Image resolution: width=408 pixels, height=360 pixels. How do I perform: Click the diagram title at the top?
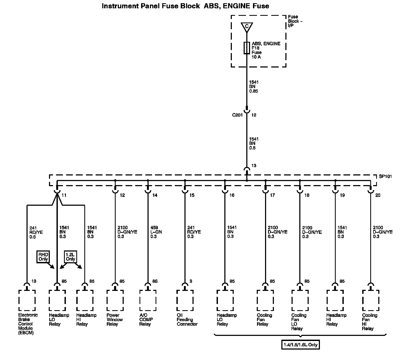[x=185, y=6]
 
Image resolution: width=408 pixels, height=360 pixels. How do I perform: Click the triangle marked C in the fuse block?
[x=247, y=27]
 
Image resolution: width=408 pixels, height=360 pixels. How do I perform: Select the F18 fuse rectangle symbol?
[x=247, y=48]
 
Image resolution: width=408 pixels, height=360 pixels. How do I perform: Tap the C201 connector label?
[x=237, y=115]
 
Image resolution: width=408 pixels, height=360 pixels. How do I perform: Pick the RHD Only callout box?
[x=43, y=257]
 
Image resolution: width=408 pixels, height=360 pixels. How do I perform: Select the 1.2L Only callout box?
[x=70, y=257]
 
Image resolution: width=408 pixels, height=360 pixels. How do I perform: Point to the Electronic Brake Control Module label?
[x=28, y=324]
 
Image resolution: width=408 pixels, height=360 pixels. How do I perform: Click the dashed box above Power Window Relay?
[x=115, y=300]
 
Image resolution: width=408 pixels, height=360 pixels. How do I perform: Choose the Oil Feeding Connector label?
[x=187, y=320]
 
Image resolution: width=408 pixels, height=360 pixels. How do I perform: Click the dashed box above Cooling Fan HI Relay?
[x=371, y=300]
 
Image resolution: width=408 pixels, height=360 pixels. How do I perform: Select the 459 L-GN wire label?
[x=156, y=232]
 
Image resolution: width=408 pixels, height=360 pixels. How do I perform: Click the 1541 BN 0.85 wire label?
[x=254, y=87]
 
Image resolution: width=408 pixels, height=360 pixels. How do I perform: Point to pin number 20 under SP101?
[x=378, y=195]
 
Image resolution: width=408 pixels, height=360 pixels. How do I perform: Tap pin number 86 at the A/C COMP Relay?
[x=155, y=281]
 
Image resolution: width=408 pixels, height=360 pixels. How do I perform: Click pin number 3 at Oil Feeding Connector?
[x=191, y=281]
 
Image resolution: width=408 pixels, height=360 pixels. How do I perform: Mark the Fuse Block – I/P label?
[x=295, y=21]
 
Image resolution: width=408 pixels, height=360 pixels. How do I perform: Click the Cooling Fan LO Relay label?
[x=299, y=322]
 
